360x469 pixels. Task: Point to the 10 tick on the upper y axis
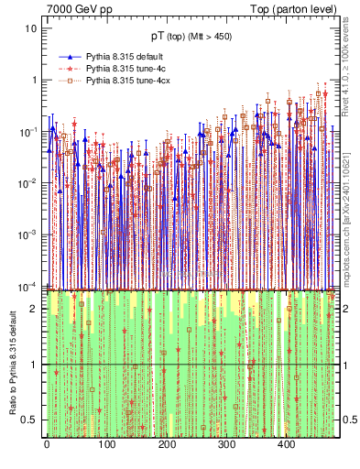31,28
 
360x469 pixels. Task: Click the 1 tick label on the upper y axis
34,80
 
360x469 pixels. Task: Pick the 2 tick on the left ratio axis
35,309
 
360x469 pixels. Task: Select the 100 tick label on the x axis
106,445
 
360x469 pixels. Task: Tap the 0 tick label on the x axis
46,445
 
